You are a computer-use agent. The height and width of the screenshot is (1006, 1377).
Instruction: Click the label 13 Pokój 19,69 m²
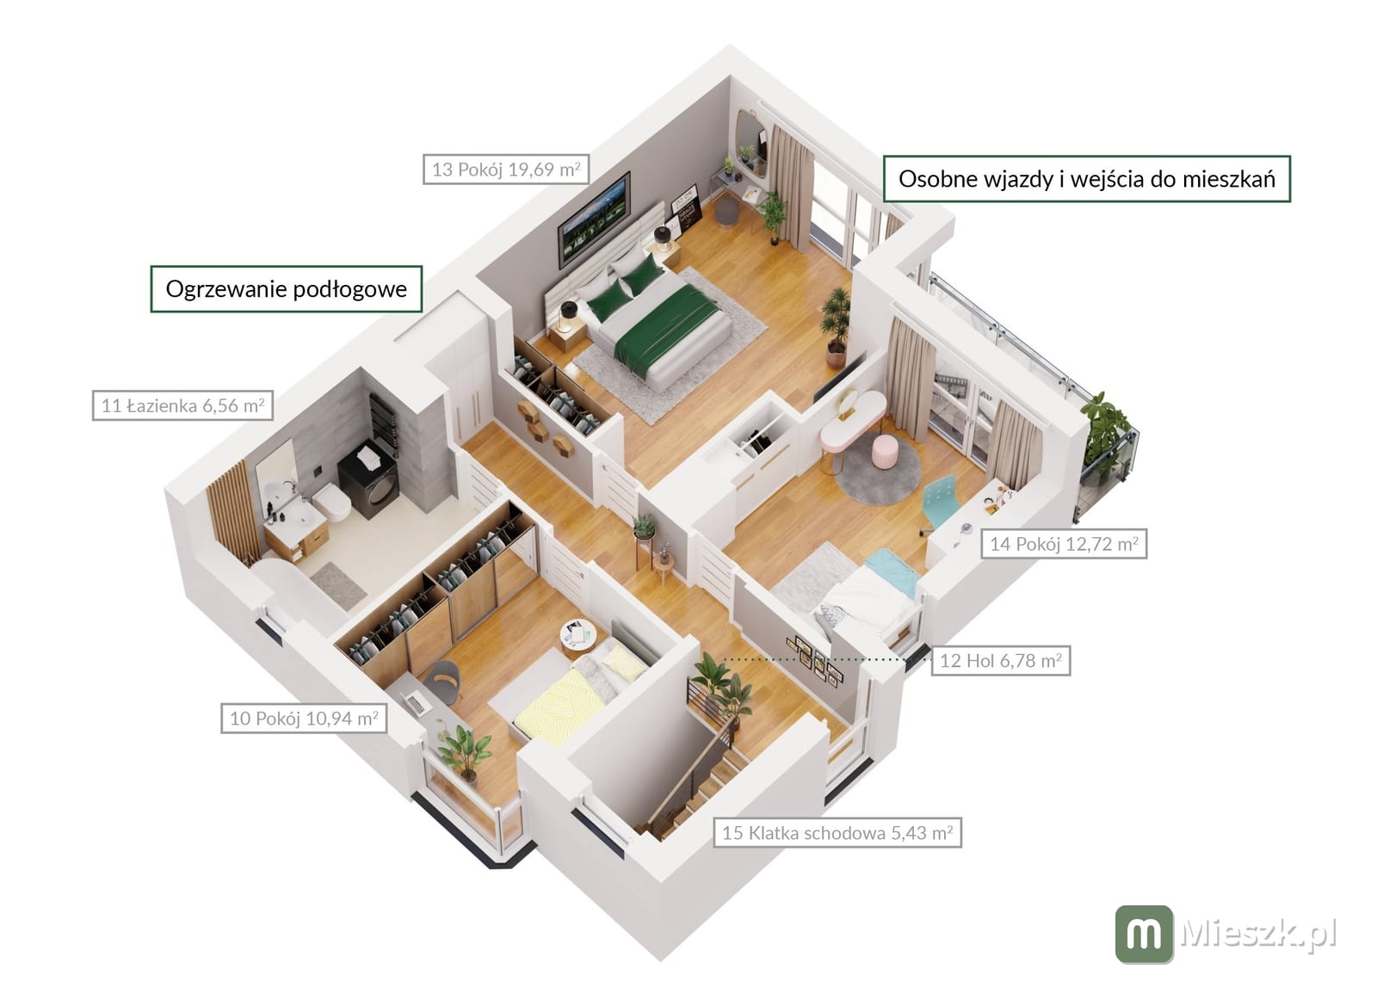(x=506, y=169)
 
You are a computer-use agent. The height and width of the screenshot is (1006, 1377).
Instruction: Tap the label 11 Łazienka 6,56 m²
(x=182, y=405)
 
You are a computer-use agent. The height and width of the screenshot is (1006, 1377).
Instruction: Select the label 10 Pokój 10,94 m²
(x=304, y=718)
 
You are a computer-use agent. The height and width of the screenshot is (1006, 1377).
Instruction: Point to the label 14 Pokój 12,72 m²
(x=1064, y=543)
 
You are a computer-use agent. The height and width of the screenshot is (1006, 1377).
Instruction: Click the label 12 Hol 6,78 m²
(x=1001, y=661)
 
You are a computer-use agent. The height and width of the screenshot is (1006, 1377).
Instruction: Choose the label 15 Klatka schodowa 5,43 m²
(x=837, y=833)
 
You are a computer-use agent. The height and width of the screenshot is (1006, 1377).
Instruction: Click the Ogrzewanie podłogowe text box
(x=287, y=289)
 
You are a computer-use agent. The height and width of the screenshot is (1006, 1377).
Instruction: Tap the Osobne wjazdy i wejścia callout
(x=1087, y=179)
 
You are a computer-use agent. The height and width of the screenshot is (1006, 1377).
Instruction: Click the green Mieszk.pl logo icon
(x=1144, y=934)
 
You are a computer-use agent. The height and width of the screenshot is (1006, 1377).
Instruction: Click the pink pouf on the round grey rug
(x=884, y=452)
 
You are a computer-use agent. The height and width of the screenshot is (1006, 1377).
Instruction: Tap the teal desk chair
(x=939, y=502)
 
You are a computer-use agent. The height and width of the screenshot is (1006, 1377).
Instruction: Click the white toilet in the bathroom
(x=332, y=501)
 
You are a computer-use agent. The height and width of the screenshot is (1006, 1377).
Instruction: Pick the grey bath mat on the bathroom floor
(x=338, y=585)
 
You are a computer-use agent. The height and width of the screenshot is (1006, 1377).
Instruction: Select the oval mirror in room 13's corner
(x=751, y=142)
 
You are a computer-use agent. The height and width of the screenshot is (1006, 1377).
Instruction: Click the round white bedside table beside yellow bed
(x=577, y=638)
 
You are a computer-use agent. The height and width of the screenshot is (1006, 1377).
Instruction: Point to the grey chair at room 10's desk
(x=442, y=681)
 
